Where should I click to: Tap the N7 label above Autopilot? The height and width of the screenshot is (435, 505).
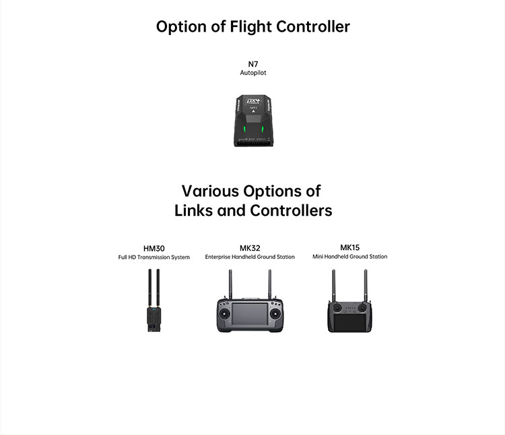pos(253,64)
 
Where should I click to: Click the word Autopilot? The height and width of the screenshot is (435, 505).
pos(253,73)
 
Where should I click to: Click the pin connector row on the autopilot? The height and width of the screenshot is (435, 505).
pos(253,143)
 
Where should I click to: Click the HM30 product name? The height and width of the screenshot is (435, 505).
pos(154,248)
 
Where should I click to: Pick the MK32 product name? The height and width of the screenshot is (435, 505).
pos(250,248)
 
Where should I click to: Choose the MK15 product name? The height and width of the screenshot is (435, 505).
pos(350,248)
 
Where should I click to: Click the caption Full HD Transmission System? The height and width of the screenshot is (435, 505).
pos(154,257)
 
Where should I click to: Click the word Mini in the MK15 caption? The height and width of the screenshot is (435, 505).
pos(319,256)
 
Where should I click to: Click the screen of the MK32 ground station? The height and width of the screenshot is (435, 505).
pos(250,317)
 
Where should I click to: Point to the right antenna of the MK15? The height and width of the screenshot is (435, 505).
pos(366,285)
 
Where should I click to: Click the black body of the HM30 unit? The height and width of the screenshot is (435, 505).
pos(154,319)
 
